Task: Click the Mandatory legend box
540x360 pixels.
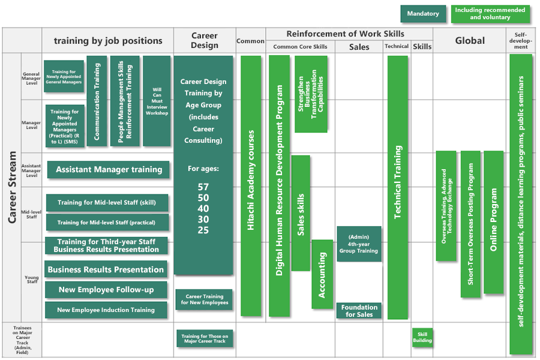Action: (423, 14)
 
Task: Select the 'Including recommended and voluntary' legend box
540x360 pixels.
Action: (490, 14)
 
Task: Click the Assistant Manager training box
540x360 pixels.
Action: (109, 170)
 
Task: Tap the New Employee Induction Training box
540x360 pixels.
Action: (106, 310)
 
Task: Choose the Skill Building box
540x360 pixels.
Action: (422, 337)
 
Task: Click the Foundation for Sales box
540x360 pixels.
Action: (359, 311)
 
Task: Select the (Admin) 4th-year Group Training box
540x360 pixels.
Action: (359, 244)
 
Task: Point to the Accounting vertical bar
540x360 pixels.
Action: (322, 274)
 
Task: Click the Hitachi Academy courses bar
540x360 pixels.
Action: (251, 186)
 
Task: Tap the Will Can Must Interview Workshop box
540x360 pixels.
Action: (157, 101)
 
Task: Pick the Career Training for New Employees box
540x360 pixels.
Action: (204, 299)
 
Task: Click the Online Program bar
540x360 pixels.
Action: (493, 222)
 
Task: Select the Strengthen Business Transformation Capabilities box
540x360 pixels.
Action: (311, 94)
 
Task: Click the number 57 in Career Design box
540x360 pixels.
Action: (203, 187)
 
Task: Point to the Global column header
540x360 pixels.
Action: (470, 41)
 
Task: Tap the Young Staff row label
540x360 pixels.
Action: (31, 280)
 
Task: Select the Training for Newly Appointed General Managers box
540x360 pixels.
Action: (64, 76)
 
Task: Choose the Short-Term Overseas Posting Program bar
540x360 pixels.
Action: (470, 224)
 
